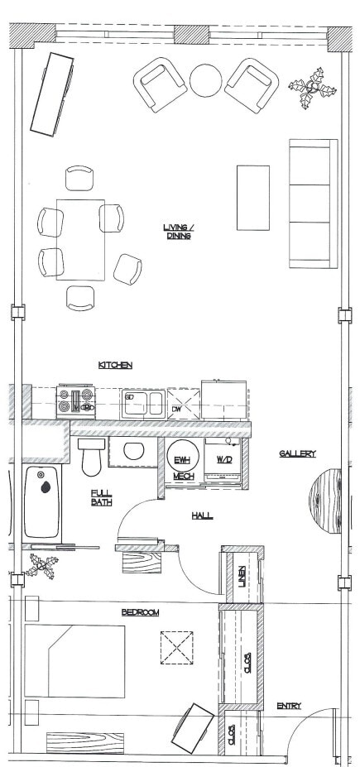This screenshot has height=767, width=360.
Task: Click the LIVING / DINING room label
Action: tap(178, 232)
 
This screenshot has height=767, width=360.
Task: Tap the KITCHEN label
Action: tap(115, 365)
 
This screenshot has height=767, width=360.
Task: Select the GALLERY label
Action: tap(297, 453)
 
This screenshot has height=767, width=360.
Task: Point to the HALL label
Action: tap(202, 515)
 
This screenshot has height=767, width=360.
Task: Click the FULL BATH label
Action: tap(101, 498)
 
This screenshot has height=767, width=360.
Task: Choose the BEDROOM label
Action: tap(140, 612)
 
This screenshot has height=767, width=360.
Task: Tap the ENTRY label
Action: tap(289, 706)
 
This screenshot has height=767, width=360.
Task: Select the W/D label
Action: tap(224, 458)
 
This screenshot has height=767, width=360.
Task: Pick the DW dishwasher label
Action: tap(175, 409)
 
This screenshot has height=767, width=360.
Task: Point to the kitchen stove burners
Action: tap(75, 402)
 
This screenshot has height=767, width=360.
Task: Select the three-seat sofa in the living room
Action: tap(312, 203)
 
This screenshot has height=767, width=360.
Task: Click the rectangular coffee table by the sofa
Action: tap(252, 198)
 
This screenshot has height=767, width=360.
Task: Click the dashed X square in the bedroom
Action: tap(176, 647)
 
